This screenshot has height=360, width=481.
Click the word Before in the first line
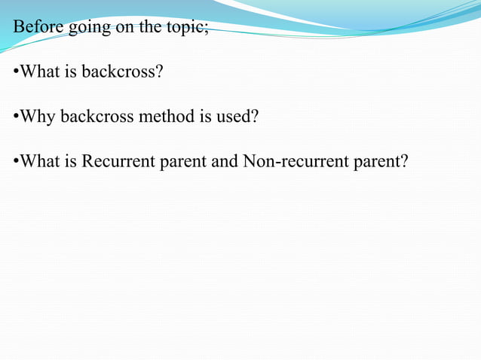(x=38, y=28)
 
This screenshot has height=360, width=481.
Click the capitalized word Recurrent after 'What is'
(x=118, y=161)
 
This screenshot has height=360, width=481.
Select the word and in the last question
(x=225, y=161)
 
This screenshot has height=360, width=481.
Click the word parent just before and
(x=184, y=162)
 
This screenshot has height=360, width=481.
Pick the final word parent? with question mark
(x=381, y=162)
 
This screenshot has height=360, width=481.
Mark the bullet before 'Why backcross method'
(x=16, y=117)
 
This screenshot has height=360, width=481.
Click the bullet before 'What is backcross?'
(x=16, y=73)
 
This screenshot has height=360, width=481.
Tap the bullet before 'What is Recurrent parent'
(x=16, y=162)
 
